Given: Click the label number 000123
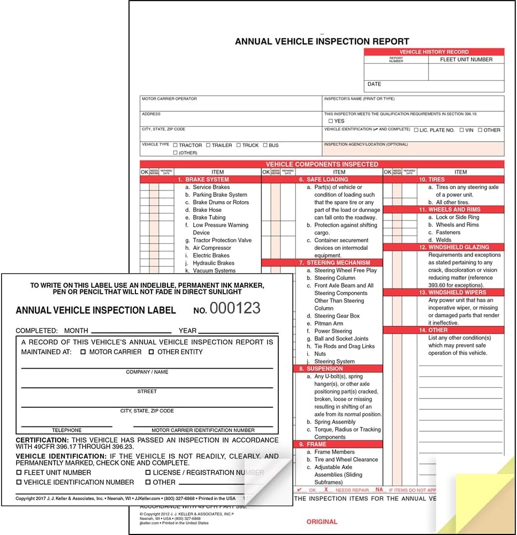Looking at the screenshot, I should tap(234, 308).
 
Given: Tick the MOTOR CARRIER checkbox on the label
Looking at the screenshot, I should tap(83, 352).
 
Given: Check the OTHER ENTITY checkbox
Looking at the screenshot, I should tap(151, 352).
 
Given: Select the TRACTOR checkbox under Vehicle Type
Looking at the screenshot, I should tap(175, 145).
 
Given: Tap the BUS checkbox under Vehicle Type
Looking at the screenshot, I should tap(265, 145).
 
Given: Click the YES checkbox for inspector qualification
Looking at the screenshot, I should tap(331, 121).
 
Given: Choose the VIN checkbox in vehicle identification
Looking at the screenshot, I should tap(462, 130).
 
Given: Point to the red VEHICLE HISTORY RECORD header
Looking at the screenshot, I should tap(434, 52).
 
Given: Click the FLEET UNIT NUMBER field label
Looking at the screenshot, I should tap(466, 59).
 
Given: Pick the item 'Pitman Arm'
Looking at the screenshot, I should tap(329, 324).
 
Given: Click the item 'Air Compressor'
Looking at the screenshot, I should tap(212, 248).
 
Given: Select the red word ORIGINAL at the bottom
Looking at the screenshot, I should tap(322, 522).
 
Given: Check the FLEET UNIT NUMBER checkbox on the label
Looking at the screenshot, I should tap(19, 472).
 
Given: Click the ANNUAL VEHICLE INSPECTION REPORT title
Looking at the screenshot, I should tap(322, 41).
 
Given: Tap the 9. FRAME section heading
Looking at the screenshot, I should tap(316, 444).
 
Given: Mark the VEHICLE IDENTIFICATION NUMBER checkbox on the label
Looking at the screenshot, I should tap(19, 482).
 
